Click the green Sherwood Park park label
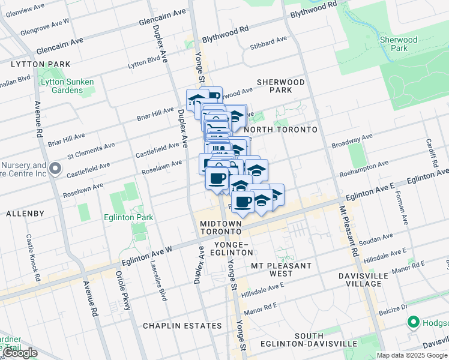(x=398, y=44)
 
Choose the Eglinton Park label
(x=128, y=218)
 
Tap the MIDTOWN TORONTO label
(x=220, y=227)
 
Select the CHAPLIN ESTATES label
(x=182, y=326)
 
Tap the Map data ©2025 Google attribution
(x=412, y=355)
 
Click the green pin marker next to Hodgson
(x=413, y=323)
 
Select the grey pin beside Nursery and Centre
(x=55, y=169)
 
